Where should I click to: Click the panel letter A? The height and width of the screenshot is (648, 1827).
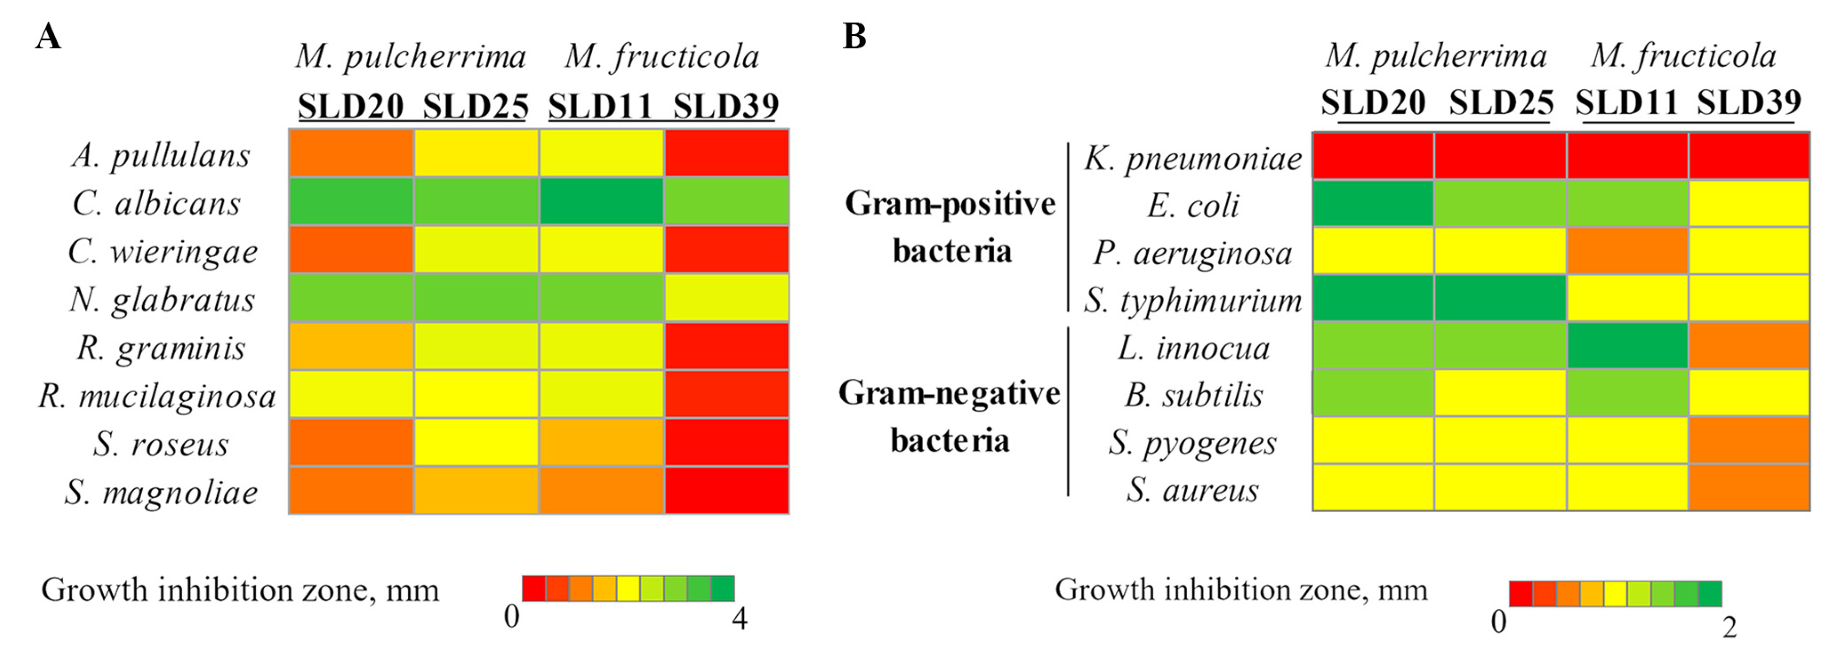pyautogui.click(x=48, y=36)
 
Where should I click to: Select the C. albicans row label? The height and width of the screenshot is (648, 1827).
pyautogui.click(x=157, y=203)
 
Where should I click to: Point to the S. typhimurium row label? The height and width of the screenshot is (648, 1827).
pyautogui.click(x=1192, y=301)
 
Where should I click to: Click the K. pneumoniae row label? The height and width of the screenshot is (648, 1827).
pyautogui.click(x=1192, y=158)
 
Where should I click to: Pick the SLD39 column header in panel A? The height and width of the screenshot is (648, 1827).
pyautogui.click(x=725, y=106)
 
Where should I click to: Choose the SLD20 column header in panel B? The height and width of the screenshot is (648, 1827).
pyautogui.click(x=1373, y=103)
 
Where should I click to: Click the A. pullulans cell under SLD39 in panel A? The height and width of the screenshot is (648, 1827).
pyautogui.click(x=726, y=152)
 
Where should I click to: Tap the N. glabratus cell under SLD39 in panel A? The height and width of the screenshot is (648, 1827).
pyautogui.click(x=726, y=298)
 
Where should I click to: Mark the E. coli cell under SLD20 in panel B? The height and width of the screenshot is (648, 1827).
pyautogui.click(x=1373, y=203)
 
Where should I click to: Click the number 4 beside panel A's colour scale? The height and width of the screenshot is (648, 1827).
pyautogui.click(x=740, y=619)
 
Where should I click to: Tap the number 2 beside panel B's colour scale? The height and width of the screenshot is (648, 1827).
pyautogui.click(x=1730, y=627)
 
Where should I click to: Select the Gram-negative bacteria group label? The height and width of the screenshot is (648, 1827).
pyautogui.click(x=949, y=416)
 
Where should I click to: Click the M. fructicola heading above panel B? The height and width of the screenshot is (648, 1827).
pyautogui.click(x=1683, y=56)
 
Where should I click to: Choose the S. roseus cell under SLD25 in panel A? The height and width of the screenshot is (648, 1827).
pyautogui.click(x=476, y=442)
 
